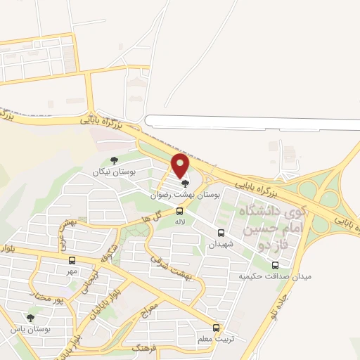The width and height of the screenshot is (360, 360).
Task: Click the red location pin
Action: [181, 166]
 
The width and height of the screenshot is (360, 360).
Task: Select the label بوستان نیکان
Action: [116, 172]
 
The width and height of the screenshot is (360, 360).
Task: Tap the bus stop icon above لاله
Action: [180, 210]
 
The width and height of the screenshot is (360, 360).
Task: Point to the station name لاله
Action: [180, 221]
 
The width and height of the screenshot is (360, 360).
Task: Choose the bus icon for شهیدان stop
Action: [221, 233]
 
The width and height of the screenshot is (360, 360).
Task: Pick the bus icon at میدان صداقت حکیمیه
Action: [275, 265]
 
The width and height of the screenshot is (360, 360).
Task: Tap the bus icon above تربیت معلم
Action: [216, 328]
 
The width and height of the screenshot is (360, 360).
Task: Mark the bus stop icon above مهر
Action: [72, 259]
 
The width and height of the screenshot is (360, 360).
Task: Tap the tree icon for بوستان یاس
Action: [30, 318]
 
